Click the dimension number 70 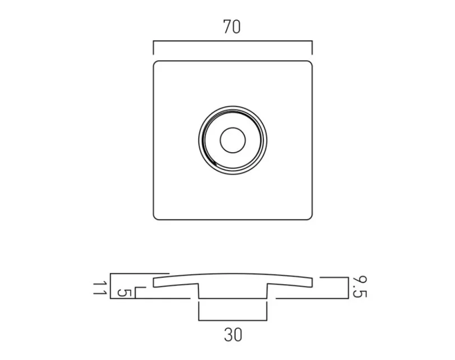(232, 27)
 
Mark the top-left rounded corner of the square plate (155, 62)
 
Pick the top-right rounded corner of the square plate (309, 62)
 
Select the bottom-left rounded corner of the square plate (155, 217)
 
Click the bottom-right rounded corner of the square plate (309, 217)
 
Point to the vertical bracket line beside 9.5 (344, 288)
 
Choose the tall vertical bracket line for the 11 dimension (111, 286)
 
